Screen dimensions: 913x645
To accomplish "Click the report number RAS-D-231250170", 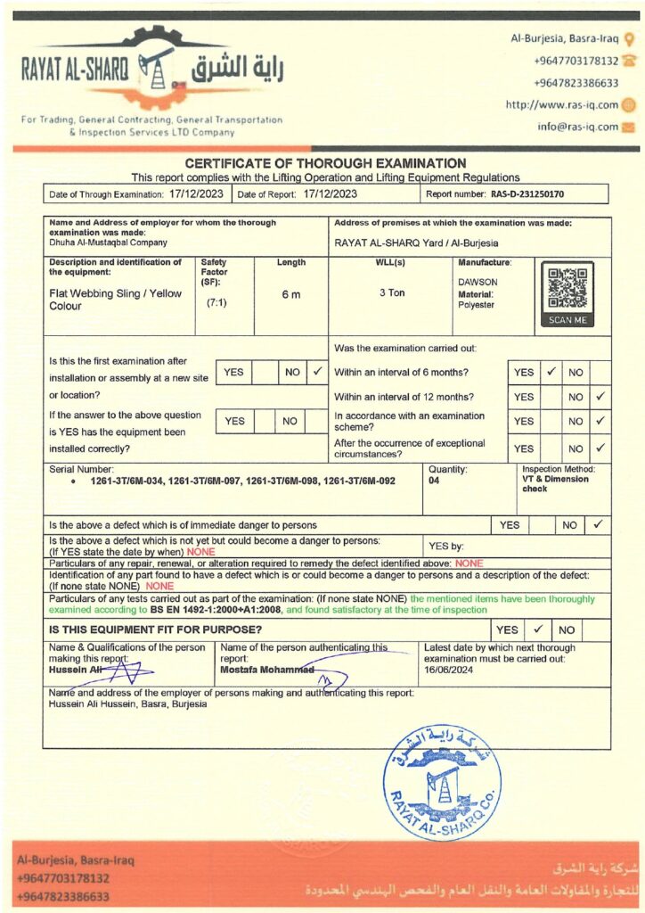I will click(x=527, y=193).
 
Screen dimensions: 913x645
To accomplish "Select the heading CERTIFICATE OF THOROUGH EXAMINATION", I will click(x=325, y=163).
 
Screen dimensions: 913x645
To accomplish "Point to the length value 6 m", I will click(x=290, y=295).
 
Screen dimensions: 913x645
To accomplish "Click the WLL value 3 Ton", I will click(x=391, y=292).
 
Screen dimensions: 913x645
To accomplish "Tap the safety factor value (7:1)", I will click(x=215, y=303).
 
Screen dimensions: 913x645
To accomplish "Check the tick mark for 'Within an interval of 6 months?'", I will click(x=551, y=371).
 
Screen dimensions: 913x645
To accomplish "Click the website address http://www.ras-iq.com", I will click(x=561, y=104).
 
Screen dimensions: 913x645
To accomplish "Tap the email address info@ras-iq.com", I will click(x=577, y=127).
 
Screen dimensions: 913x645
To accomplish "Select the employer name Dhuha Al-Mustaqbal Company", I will click(x=108, y=242).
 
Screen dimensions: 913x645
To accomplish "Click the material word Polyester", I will click(x=476, y=305).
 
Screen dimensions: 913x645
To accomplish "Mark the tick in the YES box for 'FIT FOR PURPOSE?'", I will click(x=539, y=629).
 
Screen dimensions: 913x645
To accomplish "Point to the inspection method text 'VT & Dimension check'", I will click(x=555, y=483).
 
